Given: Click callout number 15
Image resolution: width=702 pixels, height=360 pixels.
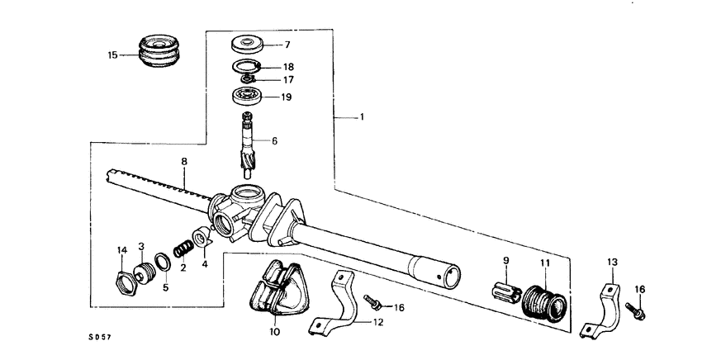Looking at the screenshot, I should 113,55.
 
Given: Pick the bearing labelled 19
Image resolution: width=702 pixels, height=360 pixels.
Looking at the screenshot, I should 247,96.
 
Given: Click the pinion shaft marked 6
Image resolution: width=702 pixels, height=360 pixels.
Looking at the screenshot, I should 249,144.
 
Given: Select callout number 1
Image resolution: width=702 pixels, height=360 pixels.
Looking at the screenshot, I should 360,118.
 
